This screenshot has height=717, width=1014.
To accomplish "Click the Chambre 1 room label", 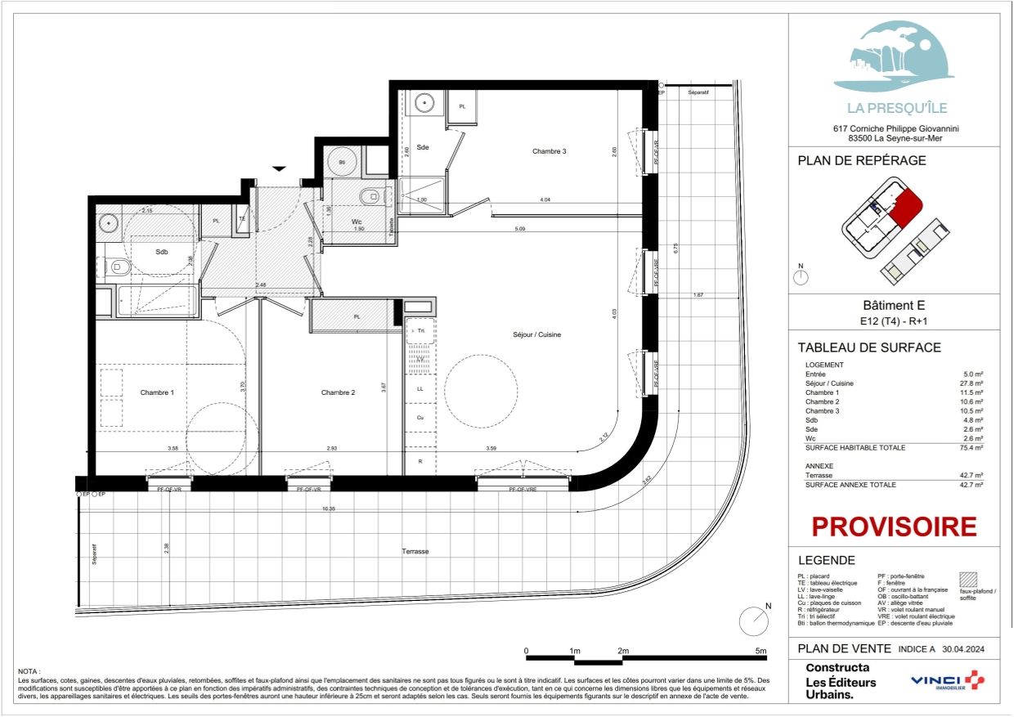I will tap(157, 392).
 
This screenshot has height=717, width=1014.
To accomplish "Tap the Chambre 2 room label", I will tap(338, 392).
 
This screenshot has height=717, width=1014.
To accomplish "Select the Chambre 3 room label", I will tap(549, 151).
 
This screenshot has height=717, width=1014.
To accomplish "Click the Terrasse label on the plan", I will tap(415, 551).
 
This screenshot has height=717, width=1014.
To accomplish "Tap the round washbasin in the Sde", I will tap(424, 103).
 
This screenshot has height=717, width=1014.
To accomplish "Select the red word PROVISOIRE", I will tap(894, 527).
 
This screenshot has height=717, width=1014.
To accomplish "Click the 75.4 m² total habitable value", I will tap(970, 448).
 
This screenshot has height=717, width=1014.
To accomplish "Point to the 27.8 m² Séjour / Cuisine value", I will tap(971, 383).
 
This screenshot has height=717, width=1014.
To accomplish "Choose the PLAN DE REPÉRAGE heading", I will tap(862, 160).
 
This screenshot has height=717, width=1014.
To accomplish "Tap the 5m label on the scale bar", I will tap(762, 651).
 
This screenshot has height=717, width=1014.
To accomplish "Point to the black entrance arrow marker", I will tap(280, 168).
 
